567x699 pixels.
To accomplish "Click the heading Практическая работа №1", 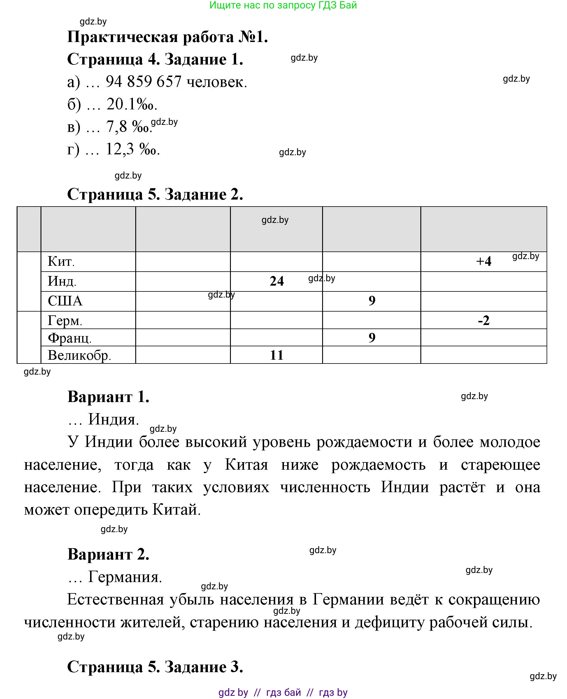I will click(x=167, y=37).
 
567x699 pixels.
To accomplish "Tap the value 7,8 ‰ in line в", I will click(x=128, y=127).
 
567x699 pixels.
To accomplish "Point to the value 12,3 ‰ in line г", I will click(x=132, y=149).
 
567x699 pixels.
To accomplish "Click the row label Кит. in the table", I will click(x=61, y=261).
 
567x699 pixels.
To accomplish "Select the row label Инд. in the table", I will click(x=62, y=281).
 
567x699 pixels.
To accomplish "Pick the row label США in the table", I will click(x=65, y=301).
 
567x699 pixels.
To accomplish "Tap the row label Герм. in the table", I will click(x=65, y=321).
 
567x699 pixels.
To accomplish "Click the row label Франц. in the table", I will click(x=70, y=338).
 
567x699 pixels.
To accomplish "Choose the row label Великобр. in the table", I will click(x=79, y=355).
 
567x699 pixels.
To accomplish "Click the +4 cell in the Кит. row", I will click(x=483, y=261).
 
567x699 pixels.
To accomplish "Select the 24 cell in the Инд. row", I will click(x=277, y=281).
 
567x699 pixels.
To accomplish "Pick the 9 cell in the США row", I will click(x=372, y=301).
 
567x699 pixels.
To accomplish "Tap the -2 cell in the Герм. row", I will click(x=483, y=321).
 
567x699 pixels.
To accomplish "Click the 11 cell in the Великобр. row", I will click(x=277, y=355).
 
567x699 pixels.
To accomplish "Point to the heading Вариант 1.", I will click(x=108, y=397).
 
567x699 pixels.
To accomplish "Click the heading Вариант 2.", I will click(x=108, y=555).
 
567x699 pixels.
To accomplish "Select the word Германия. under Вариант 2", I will click(x=125, y=577).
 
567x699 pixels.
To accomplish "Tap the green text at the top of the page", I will click(x=283, y=5).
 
